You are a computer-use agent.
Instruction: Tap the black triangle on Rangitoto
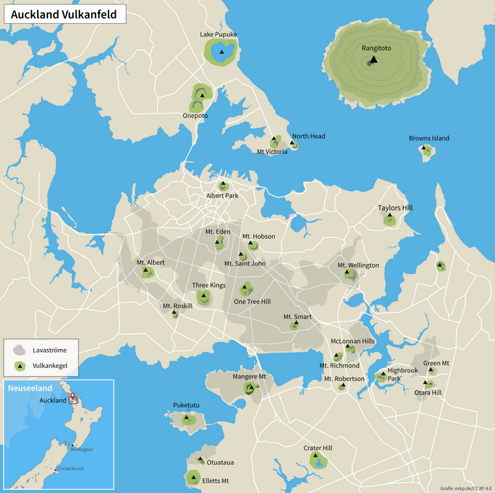click(x=373, y=60)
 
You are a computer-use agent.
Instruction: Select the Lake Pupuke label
click(x=218, y=34)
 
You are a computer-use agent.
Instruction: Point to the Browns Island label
click(x=429, y=138)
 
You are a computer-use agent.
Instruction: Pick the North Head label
click(x=309, y=136)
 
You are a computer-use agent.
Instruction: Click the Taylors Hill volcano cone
click(x=391, y=220)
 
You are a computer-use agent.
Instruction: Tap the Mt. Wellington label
click(x=358, y=265)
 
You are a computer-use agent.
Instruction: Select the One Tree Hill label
click(x=252, y=301)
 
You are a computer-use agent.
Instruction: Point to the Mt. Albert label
click(x=151, y=262)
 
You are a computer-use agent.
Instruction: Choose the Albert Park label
click(x=222, y=196)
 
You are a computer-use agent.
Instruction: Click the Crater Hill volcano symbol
click(x=318, y=460)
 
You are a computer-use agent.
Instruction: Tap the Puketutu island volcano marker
click(x=187, y=419)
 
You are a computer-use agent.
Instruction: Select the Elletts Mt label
click(x=215, y=481)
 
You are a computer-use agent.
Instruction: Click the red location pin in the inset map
click(x=72, y=397)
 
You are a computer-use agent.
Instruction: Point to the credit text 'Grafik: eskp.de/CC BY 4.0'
click(x=465, y=487)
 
